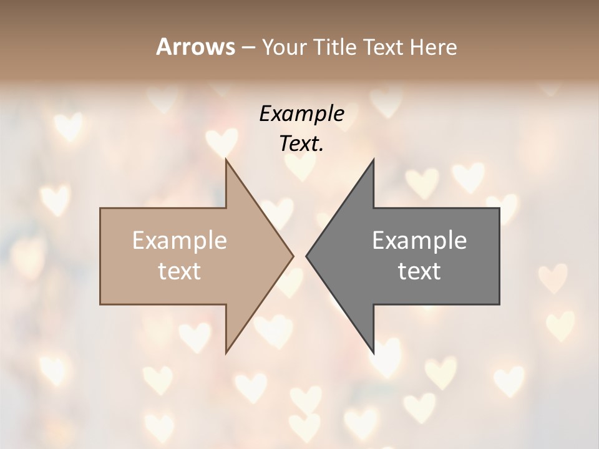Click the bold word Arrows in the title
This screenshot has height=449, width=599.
pos(195,47)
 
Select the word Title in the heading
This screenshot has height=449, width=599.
pos(335,47)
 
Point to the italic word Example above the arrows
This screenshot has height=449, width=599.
pos(301,113)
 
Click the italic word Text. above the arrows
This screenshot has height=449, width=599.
pos(301,143)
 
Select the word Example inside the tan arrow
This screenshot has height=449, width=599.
pos(180,241)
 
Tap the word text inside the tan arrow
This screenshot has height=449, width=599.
pos(180,271)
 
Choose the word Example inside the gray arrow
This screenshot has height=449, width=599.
pos(419,241)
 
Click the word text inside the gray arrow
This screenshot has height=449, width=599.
pos(419,271)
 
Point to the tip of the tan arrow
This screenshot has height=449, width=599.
pos(293,256)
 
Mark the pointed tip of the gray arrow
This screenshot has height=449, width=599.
pos(306,256)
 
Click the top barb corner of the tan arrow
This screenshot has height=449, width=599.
pos(226,160)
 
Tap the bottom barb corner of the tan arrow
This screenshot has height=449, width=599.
pos(226,353)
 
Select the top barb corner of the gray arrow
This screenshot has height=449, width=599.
pos(374,160)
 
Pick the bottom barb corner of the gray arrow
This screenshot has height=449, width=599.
pos(374,353)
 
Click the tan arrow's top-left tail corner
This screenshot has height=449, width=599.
pos(100,208)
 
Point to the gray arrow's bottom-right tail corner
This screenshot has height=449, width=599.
pos(499,304)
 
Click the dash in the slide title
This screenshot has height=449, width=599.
pos(247,48)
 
